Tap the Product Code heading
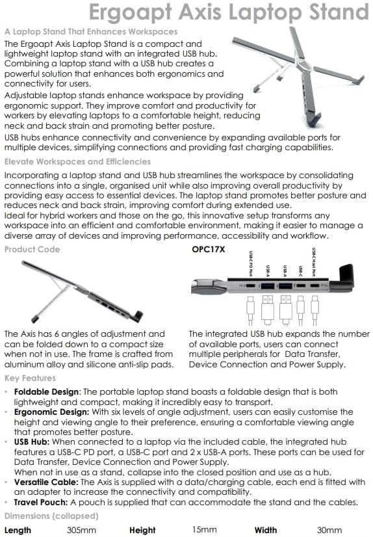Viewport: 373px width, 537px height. point(32,249)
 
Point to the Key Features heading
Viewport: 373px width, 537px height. point(30,378)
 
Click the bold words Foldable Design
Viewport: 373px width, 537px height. point(44,393)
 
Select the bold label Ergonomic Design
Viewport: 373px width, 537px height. point(50,412)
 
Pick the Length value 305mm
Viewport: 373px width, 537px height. point(83,530)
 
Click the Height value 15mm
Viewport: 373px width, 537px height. point(204,530)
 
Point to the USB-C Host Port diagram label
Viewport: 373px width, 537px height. point(315,263)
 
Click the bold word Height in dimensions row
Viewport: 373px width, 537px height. point(143,530)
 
